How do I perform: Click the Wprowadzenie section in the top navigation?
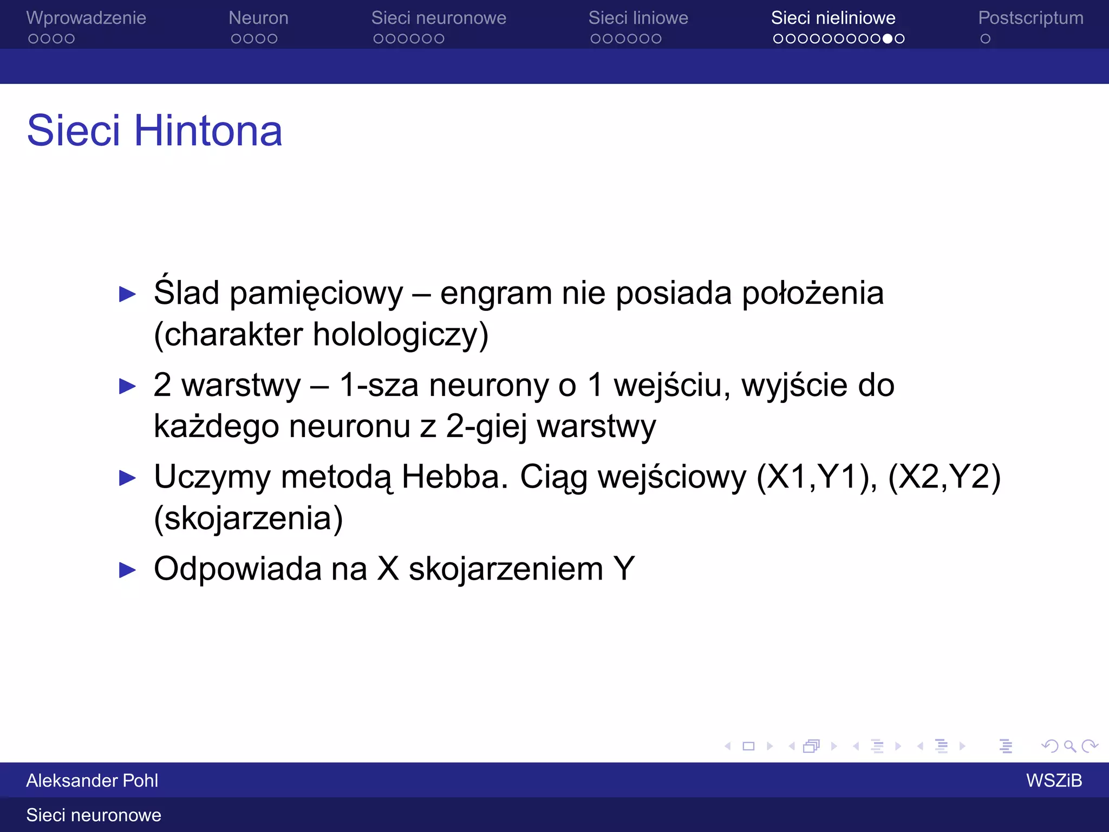[x=86, y=18]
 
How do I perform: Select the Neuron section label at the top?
[x=258, y=18]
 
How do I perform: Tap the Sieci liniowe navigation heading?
[x=638, y=18]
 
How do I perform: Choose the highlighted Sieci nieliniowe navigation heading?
[x=833, y=18]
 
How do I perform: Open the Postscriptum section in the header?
[x=1030, y=18]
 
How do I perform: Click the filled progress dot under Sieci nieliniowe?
[x=888, y=39]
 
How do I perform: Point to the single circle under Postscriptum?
[x=986, y=39]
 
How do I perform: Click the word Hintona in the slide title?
[x=208, y=131]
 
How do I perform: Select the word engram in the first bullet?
[x=495, y=294]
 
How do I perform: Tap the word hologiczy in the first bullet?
[x=401, y=335]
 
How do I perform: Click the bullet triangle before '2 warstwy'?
[x=127, y=386]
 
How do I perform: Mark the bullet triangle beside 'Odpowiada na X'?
[x=127, y=570]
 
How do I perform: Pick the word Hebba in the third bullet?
[x=455, y=477]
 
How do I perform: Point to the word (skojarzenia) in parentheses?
[x=248, y=518]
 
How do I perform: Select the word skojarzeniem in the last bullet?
[x=506, y=569]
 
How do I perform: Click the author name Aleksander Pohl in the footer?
[x=92, y=781]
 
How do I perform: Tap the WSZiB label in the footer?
[x=1054, y=781]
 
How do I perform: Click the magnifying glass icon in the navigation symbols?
[x=1069, y=746]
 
